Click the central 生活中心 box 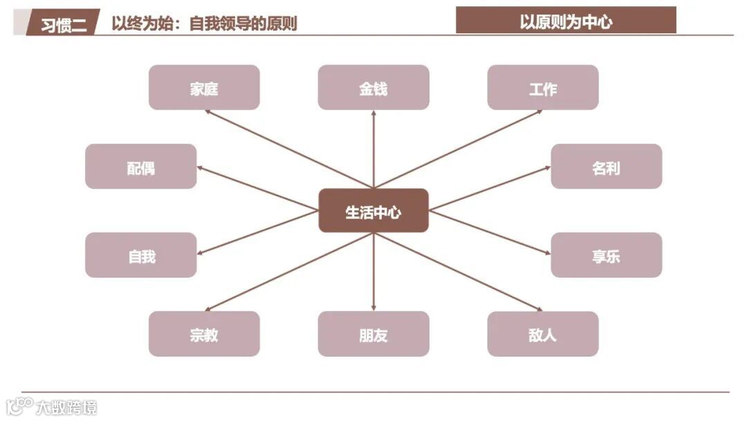point(373,210)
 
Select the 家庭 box point(204,88)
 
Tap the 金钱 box point(373,88)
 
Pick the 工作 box point(543,88)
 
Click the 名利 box point(607,167)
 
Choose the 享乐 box point(607,255)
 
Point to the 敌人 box point(543,334)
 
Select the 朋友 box point(373,334)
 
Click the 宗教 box point(204,334)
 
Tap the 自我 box point(141,255)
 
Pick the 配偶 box point(141,167)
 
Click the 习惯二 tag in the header point(64,24)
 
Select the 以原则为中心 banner point(566,21)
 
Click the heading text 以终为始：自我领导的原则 point(205,24)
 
